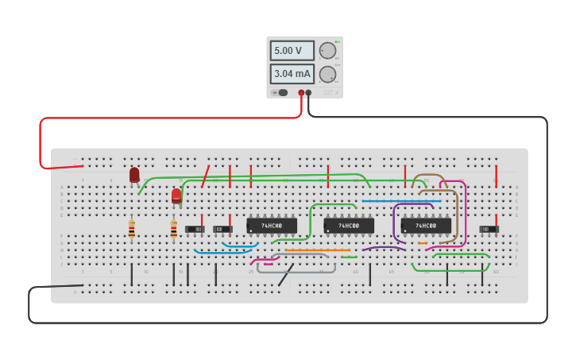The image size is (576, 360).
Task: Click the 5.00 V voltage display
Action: [292, 51]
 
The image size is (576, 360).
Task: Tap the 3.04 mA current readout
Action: [292, 74]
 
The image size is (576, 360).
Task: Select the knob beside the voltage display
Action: [327, 51]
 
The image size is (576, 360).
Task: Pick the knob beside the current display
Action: [327, 74]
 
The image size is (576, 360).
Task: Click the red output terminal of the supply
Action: [301, 93]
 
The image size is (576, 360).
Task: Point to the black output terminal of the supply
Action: [309, 93]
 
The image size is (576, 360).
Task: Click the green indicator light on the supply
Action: [337, 41]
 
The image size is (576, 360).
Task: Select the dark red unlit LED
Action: [134, 175]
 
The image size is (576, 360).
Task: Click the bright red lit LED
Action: [176, 195]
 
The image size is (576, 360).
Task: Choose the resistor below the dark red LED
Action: [132, 230]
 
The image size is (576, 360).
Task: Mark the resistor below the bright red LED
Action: [174, 230]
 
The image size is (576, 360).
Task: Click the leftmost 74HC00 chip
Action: [272, 226]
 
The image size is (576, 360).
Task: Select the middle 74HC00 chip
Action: [349, 226]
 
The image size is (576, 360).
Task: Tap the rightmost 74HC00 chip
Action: [426, 226]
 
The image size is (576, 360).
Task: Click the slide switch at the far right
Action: [489, 229]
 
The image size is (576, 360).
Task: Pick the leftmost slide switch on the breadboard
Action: [195, 229]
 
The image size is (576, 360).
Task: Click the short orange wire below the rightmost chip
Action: [423, 244]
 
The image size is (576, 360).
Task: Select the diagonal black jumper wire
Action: [286, 275]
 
